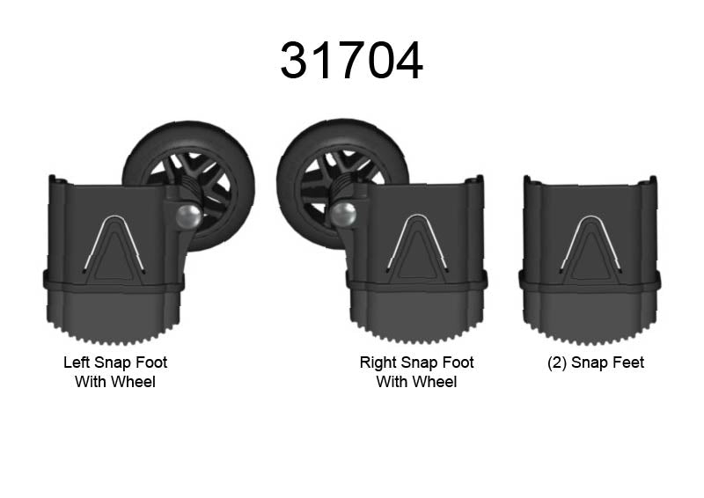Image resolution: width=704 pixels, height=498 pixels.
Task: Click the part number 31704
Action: click(x=351, y=60)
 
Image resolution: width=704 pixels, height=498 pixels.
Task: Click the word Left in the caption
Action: click(x=77, y=363)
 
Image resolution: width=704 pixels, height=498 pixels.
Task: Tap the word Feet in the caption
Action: click(x=627, y=363)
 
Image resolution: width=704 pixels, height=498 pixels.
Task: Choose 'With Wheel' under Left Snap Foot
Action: click(x=115, y=382)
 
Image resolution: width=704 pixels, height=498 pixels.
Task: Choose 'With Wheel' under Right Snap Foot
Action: click(x=417, y=382)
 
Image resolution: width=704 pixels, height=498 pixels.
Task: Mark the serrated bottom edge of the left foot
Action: click(x=114, y=337)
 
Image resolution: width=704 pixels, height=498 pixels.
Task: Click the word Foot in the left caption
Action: click(x=151, y=363)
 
